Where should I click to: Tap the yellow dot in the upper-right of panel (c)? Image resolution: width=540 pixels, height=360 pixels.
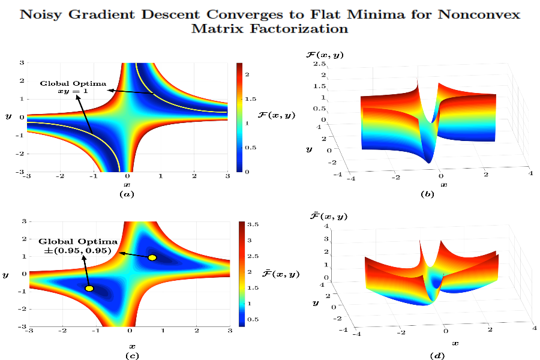click(x=152, y=257)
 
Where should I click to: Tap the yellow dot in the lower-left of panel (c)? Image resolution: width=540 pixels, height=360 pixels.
click(x=89, y=289)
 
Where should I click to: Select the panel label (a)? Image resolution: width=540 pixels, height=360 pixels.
click(x=127, y=194)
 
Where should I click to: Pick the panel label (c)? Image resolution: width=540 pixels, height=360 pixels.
click(x=131, y=356)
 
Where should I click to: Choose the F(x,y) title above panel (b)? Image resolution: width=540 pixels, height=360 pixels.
click(x=325, y=55)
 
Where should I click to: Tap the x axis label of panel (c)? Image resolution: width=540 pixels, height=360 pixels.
click(x=132, y=346)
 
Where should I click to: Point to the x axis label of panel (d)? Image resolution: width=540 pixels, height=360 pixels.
click(x=455, y=343)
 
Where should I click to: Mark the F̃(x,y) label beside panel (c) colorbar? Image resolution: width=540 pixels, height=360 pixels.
click(x=281, y=274)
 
